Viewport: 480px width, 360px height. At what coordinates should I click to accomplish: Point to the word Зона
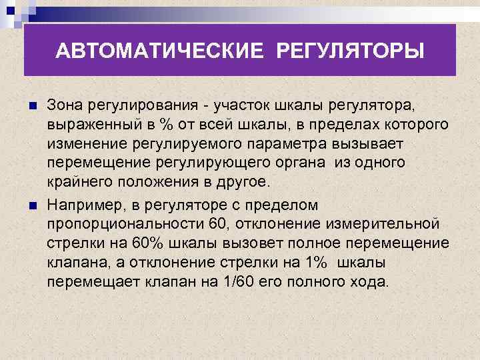pyautogui.click(x=66, y=106)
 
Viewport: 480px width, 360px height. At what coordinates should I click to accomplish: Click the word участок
pyautogui.click(x=239, y=106)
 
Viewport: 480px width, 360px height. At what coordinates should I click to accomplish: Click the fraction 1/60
pyautogui.click(x=235, y=281)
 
